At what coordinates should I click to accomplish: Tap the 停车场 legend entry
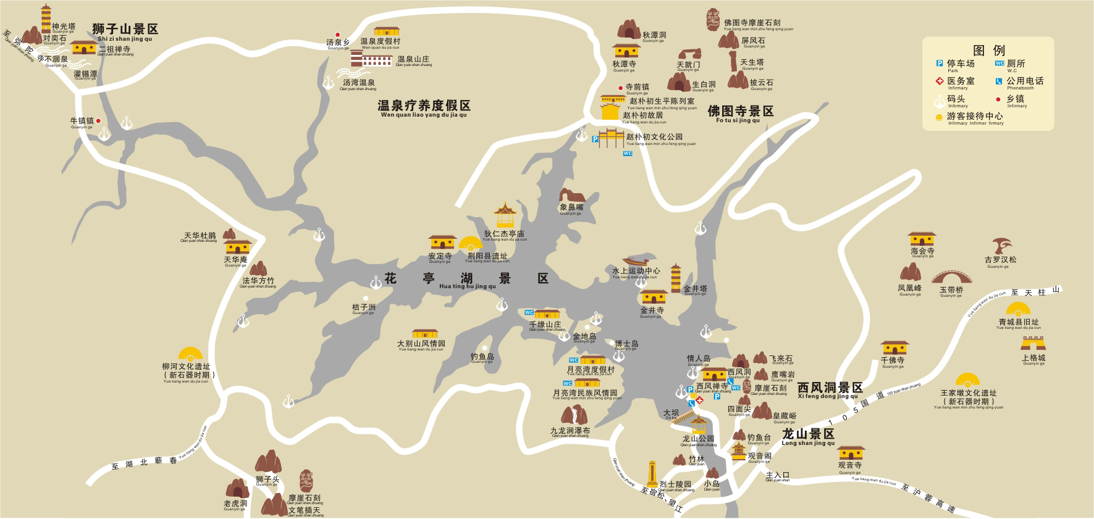click(x=961, y=64)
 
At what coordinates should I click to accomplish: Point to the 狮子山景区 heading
click(x=125, y=29)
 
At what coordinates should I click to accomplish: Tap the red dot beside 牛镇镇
click(x=98, y=121)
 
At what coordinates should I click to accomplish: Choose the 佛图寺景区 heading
click(x=741, y=111)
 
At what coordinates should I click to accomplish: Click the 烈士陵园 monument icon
click(x=652, y=475)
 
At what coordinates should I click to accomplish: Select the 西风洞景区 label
click(x=830, y=388)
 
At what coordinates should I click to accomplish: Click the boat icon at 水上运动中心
click(x=639, y=262)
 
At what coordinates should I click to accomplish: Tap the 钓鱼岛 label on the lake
click(x=482, y=357)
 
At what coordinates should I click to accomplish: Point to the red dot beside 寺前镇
click(x=620, y=88)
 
